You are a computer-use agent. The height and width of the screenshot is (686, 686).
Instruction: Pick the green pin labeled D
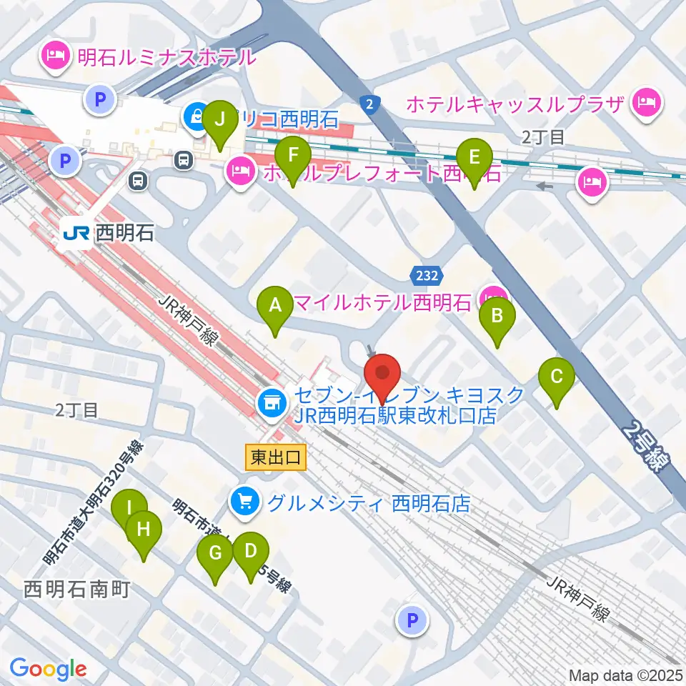coord(250,552)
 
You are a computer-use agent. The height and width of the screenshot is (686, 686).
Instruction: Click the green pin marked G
coord(216,555)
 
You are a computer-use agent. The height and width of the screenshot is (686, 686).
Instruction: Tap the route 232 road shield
coord(427,274)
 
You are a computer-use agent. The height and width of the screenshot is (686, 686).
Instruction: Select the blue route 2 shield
coord(368,103)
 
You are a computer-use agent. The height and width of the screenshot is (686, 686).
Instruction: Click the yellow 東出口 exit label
coord(276,457)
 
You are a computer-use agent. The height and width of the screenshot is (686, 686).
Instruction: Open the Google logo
coord(48,669)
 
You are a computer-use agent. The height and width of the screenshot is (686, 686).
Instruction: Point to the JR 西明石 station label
coord(107,234)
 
